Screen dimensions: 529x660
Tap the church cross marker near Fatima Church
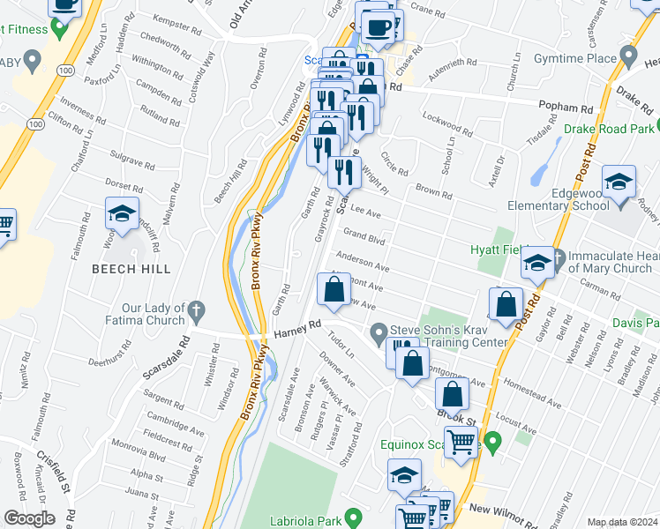196,311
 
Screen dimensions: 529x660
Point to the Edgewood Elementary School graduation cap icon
619,183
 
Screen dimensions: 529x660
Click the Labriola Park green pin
353,517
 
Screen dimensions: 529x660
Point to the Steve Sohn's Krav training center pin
379,333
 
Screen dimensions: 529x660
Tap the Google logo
29,518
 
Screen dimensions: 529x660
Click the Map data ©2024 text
622,522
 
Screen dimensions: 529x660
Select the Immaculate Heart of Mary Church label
609,262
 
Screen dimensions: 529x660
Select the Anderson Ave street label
362,262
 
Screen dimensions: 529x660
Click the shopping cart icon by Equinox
461,442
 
